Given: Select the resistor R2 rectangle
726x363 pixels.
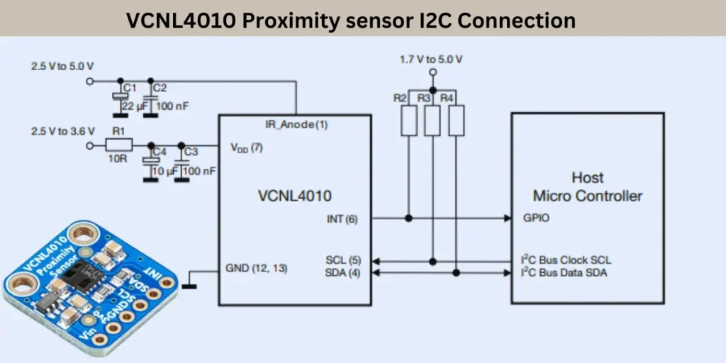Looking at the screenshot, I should (409, 121).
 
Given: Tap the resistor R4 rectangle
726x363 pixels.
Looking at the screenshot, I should (457, 121).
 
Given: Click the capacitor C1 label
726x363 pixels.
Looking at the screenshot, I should (129, 88).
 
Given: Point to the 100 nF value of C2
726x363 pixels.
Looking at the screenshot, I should (172, 106).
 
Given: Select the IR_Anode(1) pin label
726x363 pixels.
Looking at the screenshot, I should (296, 124).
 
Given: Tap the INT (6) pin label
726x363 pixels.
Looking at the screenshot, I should (342, 219).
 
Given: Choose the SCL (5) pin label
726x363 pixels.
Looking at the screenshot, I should (343, 261).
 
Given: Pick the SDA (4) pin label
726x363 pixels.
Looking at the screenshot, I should (343, 273).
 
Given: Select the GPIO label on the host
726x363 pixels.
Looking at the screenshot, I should (535, 219).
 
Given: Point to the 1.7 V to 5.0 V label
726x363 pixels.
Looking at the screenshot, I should (431, 60).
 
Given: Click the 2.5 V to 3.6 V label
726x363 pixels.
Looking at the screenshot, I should (62, 131).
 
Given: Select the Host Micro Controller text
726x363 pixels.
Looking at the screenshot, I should (587, 187).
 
